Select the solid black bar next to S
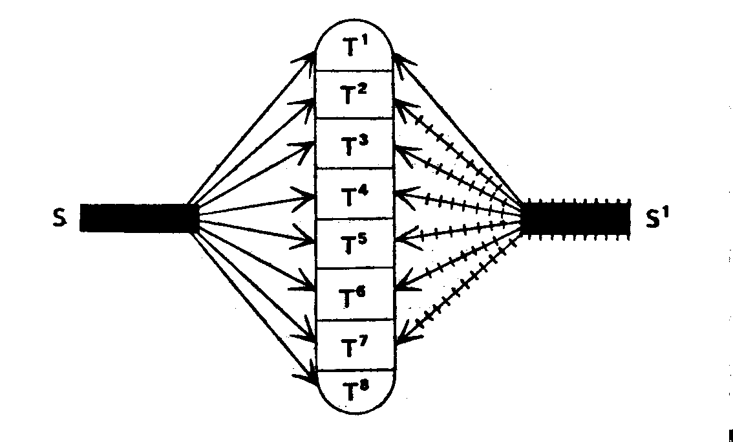pos(138,217)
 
